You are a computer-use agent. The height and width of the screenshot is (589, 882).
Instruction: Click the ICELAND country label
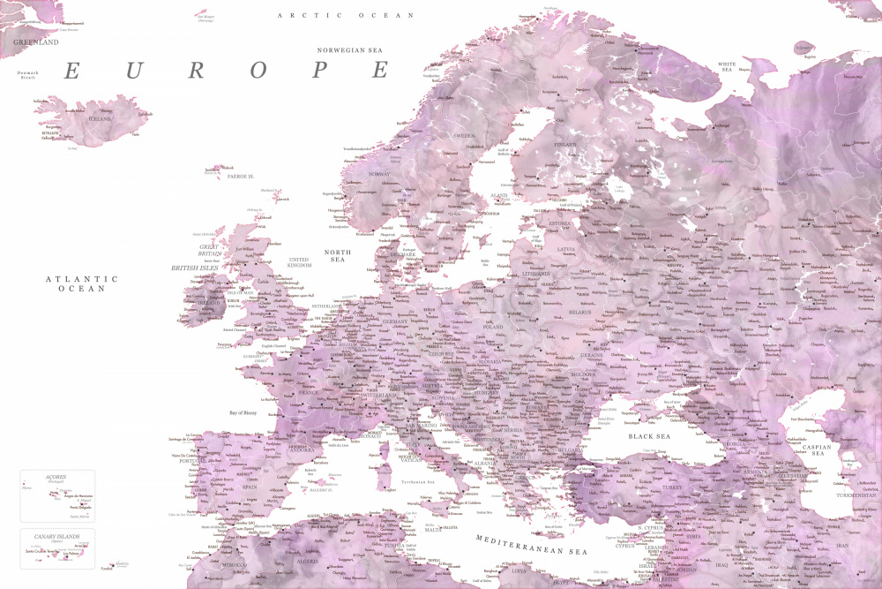point(100,118)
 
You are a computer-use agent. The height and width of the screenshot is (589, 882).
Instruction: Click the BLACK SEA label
point(649,436)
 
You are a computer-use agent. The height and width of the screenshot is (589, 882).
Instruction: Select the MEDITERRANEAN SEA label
point(531,544)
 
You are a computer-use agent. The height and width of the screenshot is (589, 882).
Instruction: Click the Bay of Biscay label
point(248,413)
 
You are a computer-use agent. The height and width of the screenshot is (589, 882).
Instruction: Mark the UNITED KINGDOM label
point(300,262)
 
